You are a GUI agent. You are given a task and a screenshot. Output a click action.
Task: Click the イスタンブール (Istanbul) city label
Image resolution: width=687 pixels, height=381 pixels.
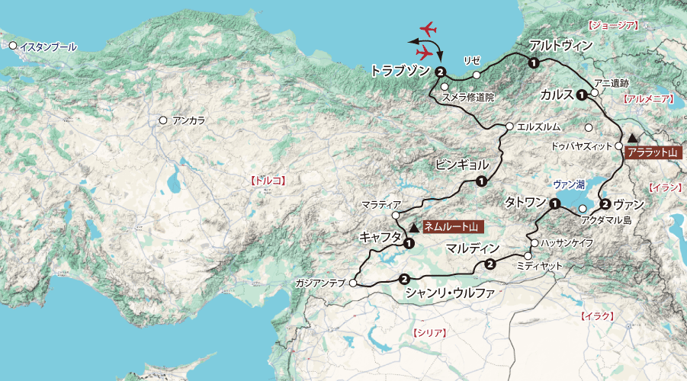48,46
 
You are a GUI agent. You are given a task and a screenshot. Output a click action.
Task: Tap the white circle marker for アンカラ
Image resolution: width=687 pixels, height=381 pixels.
162,120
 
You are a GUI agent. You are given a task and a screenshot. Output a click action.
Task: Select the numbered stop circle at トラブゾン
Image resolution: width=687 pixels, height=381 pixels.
441,72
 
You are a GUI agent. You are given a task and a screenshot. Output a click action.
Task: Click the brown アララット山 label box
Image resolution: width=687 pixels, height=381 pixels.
651,153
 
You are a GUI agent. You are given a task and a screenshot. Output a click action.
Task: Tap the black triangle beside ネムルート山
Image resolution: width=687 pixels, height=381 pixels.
413,226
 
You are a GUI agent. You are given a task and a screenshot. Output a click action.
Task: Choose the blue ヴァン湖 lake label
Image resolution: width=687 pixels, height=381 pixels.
569,184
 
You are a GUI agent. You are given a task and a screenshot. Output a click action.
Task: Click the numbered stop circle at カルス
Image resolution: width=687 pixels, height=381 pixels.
582,95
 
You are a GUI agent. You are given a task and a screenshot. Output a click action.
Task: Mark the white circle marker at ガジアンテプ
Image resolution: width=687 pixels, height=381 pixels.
352,283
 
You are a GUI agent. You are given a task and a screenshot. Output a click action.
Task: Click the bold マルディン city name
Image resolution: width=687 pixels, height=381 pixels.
473,248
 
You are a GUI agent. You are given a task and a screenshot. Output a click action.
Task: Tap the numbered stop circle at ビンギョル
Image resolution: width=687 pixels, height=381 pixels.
481,181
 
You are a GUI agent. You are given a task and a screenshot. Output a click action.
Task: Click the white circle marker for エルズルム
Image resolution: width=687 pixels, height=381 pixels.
509,126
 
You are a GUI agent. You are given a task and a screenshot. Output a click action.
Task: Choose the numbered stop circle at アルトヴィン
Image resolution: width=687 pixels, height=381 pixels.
534,62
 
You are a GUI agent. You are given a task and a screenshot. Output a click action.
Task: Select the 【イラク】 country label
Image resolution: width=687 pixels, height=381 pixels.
598,315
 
